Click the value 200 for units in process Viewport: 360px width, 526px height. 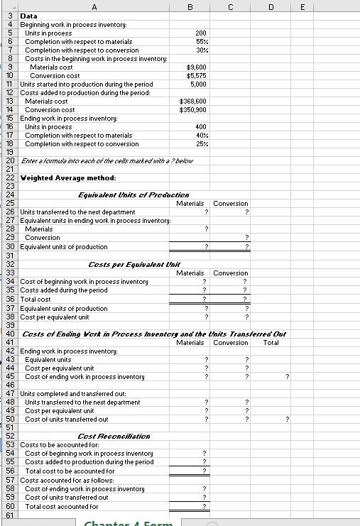(x=200, y=33)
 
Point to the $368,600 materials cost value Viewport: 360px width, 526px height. (x=193, y=102)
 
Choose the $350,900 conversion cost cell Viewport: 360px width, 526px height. (x=193, y=110)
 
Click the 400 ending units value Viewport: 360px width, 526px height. (x=200, y=127)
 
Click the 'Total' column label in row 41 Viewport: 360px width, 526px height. (x=271, y=343)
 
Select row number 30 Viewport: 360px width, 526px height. (x=10, y=246)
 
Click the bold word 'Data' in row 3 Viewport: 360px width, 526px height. (x=28, y=16)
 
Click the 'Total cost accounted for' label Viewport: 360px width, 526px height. (x=62, y=506)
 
